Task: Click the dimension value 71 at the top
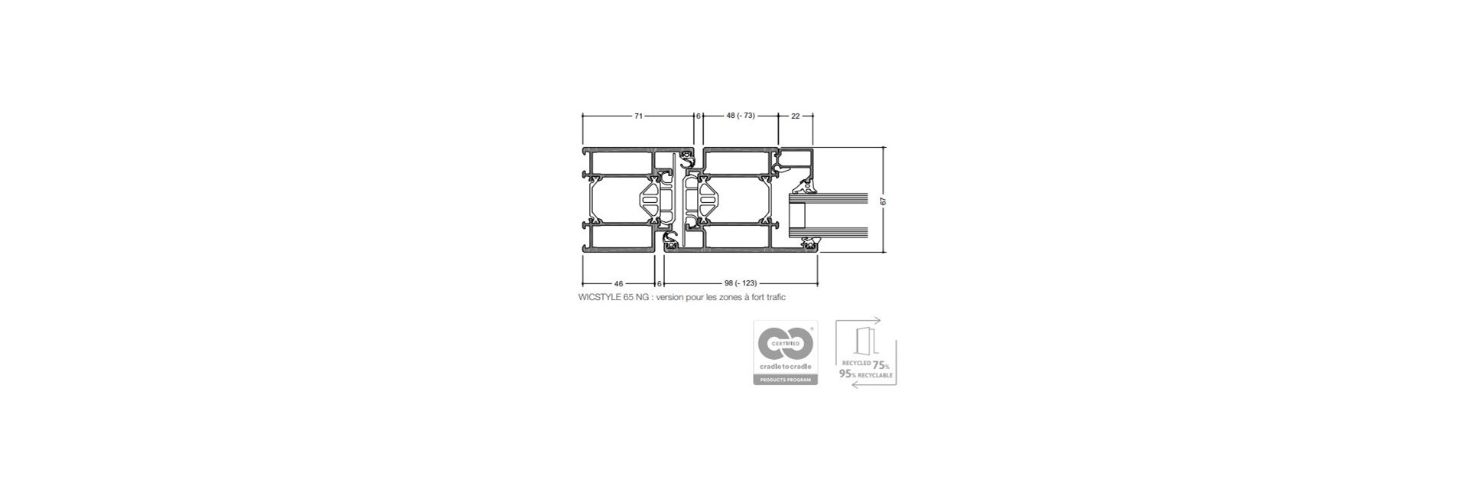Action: click(637, 116)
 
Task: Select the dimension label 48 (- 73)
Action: click(740, 116)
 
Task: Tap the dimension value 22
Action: click(796, 116)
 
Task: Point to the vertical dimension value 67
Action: click(883, 201)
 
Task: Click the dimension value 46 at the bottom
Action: click(619, 283)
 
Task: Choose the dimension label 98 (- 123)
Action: click(740, 283)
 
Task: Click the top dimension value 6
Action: click(698, 116)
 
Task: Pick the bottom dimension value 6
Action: click(660, 283)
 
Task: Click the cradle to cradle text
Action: click(785, 367)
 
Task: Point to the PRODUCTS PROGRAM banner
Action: click(785, 380)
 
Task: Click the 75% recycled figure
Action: click(881, 364)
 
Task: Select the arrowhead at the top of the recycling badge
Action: click(878, 320)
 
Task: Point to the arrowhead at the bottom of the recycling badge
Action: click(855, 385)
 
